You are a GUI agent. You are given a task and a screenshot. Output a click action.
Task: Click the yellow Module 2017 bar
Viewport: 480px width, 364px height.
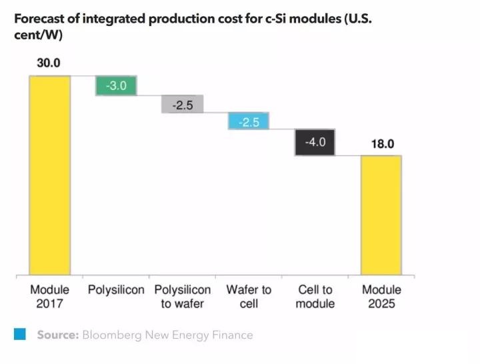pos(50,175)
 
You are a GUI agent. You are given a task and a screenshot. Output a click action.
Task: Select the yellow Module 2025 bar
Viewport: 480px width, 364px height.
pos(381,215)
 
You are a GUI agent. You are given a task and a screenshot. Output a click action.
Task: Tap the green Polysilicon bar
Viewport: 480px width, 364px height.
pos(117,86)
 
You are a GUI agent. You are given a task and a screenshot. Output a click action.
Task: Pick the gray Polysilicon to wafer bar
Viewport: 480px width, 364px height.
pos(182,105)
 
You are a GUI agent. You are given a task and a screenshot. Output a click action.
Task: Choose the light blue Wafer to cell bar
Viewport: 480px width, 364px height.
pos(248,121)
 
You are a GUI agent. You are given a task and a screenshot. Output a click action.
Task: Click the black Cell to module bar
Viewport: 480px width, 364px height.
pos(315,142)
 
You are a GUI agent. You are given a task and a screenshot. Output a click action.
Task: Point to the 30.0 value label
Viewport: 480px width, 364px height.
pos(49,64)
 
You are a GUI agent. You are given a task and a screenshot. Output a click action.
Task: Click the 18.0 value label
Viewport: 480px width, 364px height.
pos(381,143)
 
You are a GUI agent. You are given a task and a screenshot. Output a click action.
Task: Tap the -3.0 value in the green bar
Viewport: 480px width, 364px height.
pos(117,86)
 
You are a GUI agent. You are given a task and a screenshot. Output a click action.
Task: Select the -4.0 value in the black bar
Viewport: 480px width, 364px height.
pos(315,142)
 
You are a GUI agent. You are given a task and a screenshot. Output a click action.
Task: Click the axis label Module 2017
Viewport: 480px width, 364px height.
pos(50,297)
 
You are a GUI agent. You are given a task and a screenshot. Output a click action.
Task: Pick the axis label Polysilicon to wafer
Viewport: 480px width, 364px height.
pos(183,297)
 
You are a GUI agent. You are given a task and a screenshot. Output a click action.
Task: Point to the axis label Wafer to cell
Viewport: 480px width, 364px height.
pos(249,297)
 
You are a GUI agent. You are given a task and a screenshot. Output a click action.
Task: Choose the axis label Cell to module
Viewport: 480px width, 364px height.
pos(315,297)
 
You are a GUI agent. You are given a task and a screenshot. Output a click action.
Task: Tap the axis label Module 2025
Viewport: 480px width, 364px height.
pos(382,297)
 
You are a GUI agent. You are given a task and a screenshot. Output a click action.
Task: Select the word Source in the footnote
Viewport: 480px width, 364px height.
pos(57,335)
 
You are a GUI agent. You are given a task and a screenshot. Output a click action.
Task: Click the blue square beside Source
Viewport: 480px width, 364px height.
pos(20,335)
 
